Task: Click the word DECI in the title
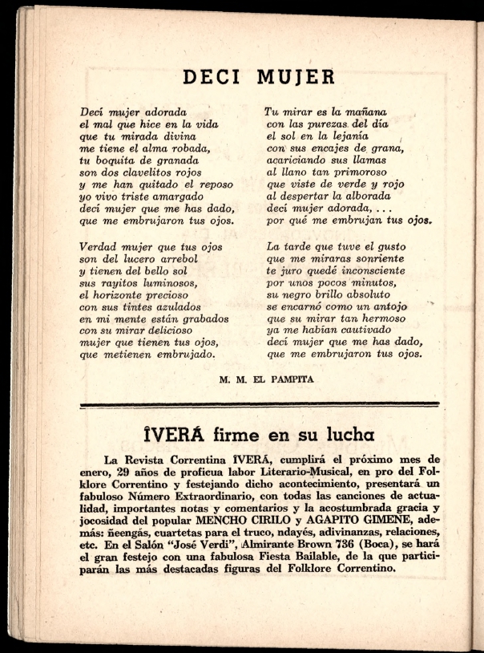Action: coord(211,77)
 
